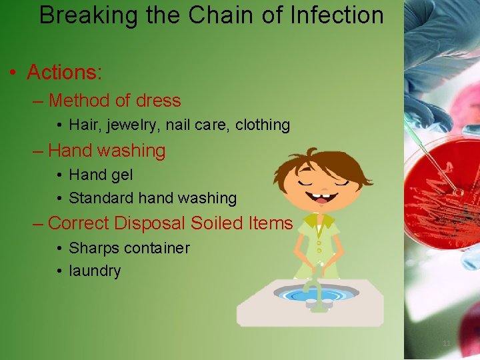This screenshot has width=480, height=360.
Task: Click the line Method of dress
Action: (x=114, y=101)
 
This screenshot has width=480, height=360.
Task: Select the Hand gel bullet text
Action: (x=101, y=175)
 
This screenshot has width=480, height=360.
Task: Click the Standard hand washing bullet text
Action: (x=153, y=198)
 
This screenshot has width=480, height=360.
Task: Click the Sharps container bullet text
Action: (x=129, y=248)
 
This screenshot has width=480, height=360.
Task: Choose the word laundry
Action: (x=95, y=271)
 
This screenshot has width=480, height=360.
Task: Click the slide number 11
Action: (x=447, y=343)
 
